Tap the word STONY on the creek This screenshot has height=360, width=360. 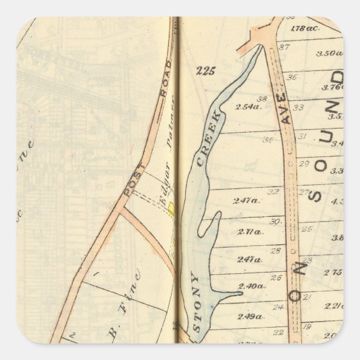point(195,302)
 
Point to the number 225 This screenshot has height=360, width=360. point(206,71)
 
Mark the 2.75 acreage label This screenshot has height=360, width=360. point(333,272)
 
